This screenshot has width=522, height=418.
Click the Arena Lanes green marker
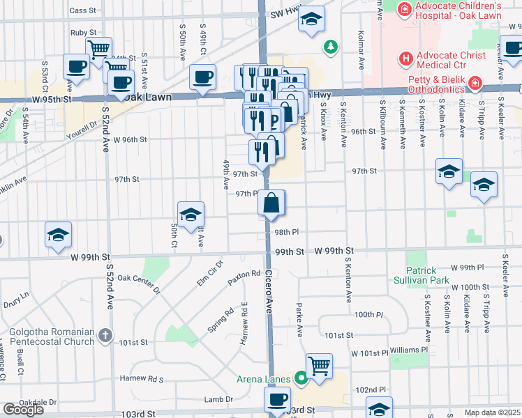(x=301, y=379)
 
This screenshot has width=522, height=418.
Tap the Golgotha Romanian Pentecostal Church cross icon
(x=105, y=336)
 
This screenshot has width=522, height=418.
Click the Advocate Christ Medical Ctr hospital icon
(x=404, y=59)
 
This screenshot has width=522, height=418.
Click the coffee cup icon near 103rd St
(x=277, y=399)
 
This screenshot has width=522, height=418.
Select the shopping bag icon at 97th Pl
(x=271, y=203)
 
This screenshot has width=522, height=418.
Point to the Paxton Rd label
(x=244, y=278)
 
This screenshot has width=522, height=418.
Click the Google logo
(x=23, y=409)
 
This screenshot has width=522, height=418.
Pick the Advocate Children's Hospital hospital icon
(x=404, y=9)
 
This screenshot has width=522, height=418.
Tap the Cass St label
(x=82, y=10)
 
